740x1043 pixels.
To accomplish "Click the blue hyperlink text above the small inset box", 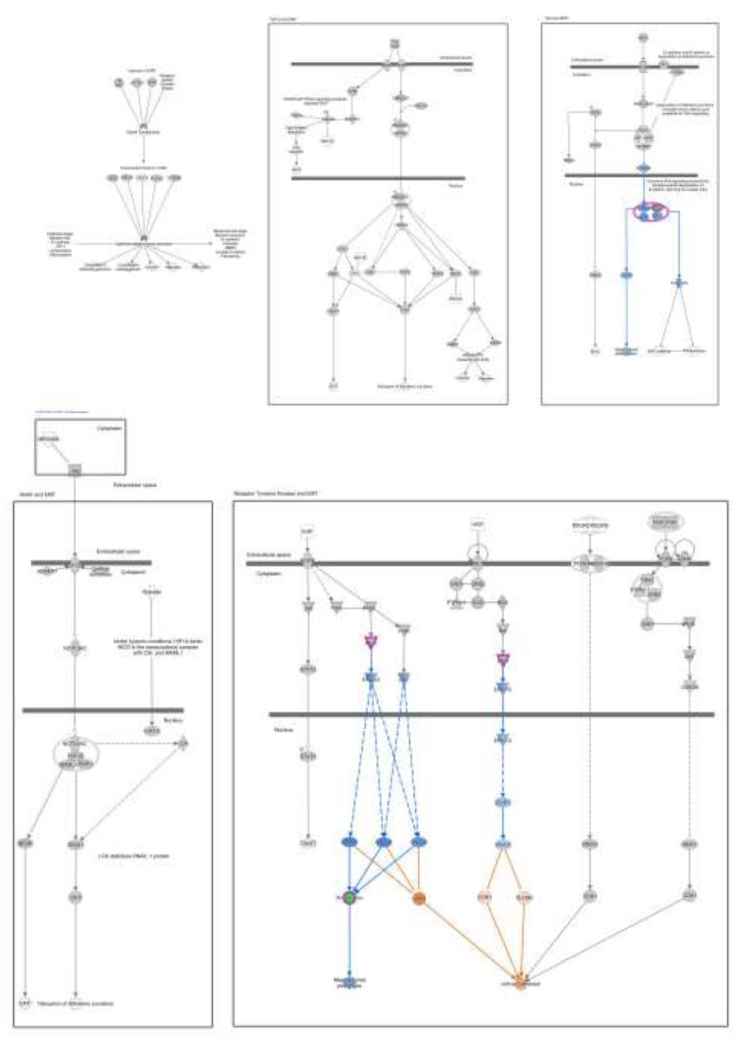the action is tap(62, 411).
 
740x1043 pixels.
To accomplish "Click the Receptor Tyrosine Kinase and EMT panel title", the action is tap(276, 494).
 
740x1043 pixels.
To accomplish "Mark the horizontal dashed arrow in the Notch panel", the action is tap(137, 743).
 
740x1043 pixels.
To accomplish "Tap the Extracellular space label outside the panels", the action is tap(135, 485).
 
